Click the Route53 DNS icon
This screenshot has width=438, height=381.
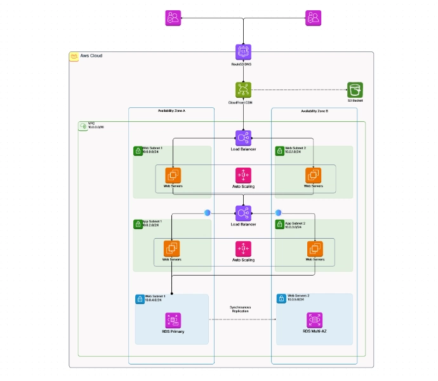coord(243,52)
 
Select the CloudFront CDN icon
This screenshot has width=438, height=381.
coord(243,90)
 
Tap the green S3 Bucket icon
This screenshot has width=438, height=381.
coord(355,90)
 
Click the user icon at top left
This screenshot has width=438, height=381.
coord(173,18)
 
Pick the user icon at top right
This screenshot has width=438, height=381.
coord(313,18)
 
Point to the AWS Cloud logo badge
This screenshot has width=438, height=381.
coord(74,57)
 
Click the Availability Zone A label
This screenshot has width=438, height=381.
coord(171,111)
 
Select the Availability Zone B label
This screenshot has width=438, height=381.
coord(314,111)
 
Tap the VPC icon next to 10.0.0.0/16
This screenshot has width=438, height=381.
coord(83,126)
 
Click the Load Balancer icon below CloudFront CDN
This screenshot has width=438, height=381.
coord(243,138)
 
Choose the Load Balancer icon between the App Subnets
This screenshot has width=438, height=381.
coord(243,213)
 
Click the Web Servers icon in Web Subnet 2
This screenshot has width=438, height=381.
coord(313,175)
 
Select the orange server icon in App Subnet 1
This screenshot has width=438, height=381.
coord(171,248)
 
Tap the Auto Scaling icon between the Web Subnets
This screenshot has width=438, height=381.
coord(243,175)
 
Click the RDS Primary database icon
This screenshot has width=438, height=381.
coord(171,320)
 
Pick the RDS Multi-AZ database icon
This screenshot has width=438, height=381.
coord(314,320)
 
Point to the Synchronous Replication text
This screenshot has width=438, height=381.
coord(240,309)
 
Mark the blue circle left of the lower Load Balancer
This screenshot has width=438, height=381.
coord(207,213)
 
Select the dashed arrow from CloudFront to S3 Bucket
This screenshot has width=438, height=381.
coord(298,90)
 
